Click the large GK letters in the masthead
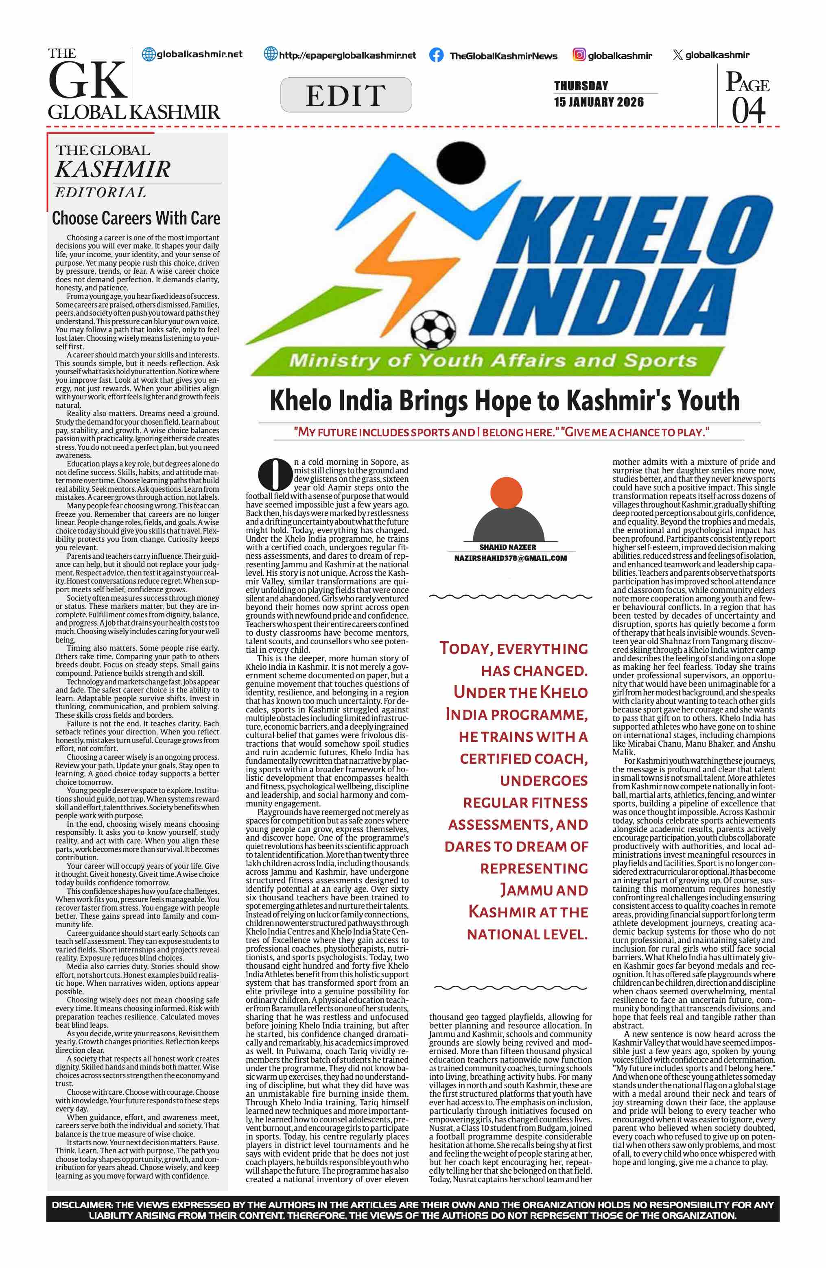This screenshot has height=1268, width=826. click(x=88, y=81)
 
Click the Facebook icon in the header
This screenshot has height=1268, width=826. click(x=436, y=55)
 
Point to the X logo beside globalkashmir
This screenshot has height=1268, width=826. click(x=677, y=55)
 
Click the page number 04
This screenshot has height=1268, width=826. click(x=748, y=111)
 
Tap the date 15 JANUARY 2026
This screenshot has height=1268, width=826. click(x=599, y=102)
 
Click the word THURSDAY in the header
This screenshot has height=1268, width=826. click(x=581, y=86)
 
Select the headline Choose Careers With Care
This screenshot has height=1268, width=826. click(x=136, y=218)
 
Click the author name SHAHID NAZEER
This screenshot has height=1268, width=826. click(x=507, y=547)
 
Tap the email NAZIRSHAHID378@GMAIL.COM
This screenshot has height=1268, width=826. click(x=510, y=558)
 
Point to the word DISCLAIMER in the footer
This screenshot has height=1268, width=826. click(x=81, y=1205)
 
